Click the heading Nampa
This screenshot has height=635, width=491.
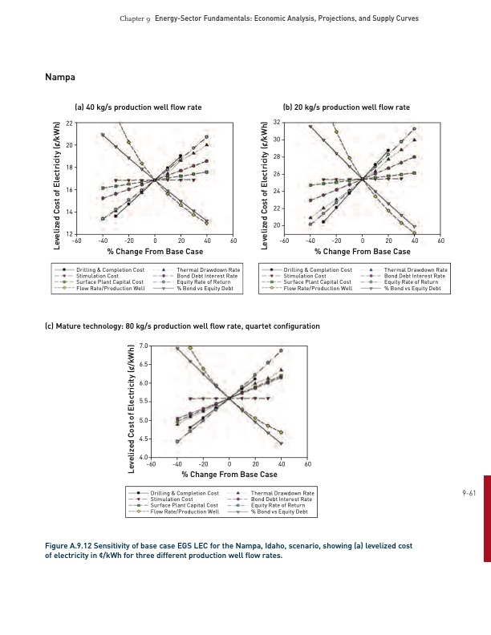61,77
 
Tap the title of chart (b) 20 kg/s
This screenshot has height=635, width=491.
346,107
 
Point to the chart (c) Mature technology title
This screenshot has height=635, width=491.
183,326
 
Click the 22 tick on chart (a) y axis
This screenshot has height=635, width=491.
70,122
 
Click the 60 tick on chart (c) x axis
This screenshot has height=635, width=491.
308,464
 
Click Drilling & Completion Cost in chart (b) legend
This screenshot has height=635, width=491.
318,271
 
